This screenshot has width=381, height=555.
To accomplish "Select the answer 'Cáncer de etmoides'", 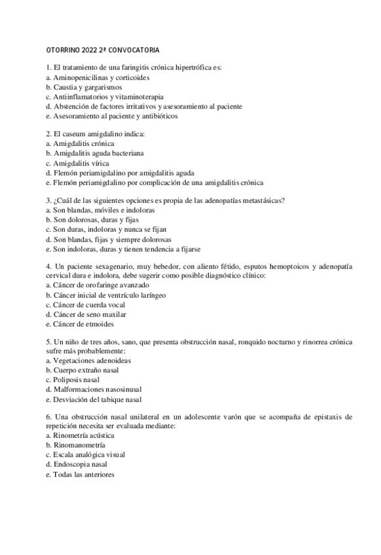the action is (81, 324).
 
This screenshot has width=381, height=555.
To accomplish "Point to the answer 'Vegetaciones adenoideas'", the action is (88, 361).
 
